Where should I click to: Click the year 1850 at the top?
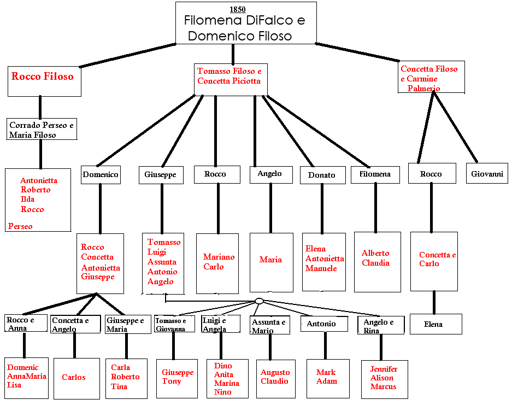(238, 9)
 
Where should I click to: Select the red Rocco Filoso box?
(44, 81)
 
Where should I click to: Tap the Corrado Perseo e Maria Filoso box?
(42, 130)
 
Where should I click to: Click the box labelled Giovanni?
(487, 174)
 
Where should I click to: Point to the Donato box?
(321, 175)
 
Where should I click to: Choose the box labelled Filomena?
(375, 174)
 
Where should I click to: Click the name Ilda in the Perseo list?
(28, 199)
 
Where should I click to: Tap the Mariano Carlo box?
(217, 262)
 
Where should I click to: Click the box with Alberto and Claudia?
(377, 262)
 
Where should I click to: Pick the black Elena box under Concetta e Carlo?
(436, 324)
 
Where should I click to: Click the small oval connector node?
(260, 301)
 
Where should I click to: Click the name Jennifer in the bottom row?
(384, 369)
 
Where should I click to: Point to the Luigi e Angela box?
(220, 324)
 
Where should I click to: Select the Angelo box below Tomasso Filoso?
(270, 174)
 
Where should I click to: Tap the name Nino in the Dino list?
(223, 392)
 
